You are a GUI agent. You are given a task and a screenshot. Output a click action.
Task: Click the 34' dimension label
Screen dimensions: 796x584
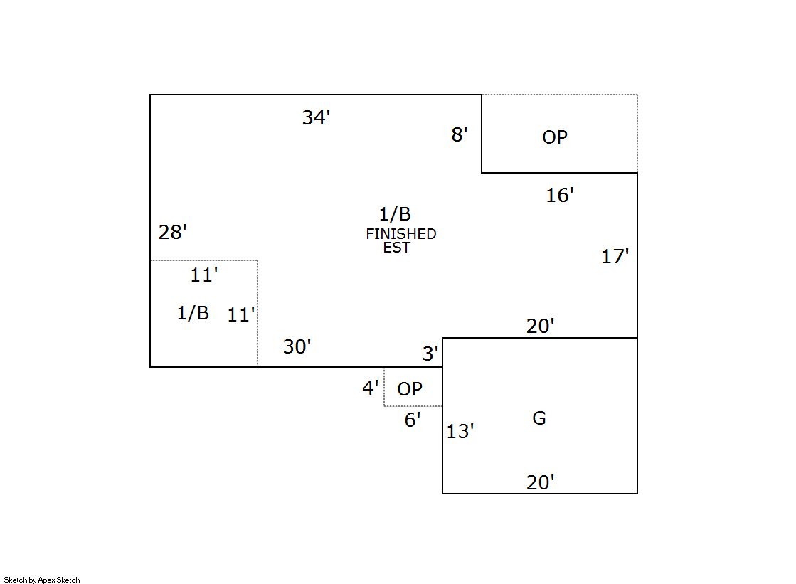(317, 117)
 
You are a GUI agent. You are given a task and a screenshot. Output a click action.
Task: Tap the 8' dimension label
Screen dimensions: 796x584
(460, 134)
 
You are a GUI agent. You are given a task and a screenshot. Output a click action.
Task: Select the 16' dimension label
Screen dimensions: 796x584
(559, 195)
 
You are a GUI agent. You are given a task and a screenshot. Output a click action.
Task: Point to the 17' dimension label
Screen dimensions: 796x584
(615, 256)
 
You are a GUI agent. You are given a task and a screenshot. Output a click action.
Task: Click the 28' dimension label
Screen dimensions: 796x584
(173, 232)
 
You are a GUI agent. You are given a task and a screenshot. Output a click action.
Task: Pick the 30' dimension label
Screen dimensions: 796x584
(297, 346)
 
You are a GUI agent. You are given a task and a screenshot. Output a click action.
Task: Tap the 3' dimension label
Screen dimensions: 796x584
(430, 353)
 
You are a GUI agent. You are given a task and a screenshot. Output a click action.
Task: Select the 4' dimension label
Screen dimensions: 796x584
(371, 388)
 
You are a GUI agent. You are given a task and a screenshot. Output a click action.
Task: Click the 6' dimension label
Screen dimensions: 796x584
(413, 420)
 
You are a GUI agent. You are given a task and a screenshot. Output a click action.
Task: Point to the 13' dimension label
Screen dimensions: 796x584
(460, 431)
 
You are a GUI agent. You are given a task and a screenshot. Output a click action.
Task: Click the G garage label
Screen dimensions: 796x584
(539, 418)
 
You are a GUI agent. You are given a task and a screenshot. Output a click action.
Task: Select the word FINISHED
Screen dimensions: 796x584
(401, 233)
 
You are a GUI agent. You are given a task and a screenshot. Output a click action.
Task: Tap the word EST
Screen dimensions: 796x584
(396, 248)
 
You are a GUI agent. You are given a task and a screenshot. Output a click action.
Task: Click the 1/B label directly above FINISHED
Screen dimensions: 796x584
(395, 214)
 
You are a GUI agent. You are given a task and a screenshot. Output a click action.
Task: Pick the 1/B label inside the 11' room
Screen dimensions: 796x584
(193, 313)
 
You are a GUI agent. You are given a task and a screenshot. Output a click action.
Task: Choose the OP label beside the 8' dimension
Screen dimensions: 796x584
(555, 137)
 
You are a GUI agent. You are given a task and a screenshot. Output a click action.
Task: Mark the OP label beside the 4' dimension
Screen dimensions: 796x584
(410, 389)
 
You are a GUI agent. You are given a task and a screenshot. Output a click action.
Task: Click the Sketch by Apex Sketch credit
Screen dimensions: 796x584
(42, 580)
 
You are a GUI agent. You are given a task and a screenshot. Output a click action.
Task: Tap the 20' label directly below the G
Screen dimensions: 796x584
(540, 482)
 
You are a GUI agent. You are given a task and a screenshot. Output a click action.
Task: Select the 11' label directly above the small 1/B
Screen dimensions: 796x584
(204, 275)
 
